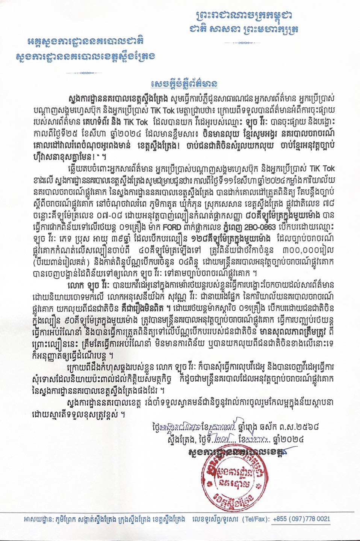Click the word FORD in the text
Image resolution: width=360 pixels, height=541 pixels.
tap(172, 227)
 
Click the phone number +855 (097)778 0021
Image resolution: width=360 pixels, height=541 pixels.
tap(301, 519)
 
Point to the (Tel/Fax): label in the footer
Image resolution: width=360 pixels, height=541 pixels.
tap(256, 519)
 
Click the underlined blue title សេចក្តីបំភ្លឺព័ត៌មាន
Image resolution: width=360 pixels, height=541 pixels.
tap(184, 83)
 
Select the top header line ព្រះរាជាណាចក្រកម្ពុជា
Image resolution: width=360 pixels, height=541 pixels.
tap(244, 16)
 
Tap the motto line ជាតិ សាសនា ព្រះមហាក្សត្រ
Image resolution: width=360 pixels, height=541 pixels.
tap(244, 29)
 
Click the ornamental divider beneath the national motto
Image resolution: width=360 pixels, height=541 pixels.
tap(244, 43)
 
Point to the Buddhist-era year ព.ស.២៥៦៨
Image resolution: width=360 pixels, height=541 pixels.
tap(299, 427)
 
